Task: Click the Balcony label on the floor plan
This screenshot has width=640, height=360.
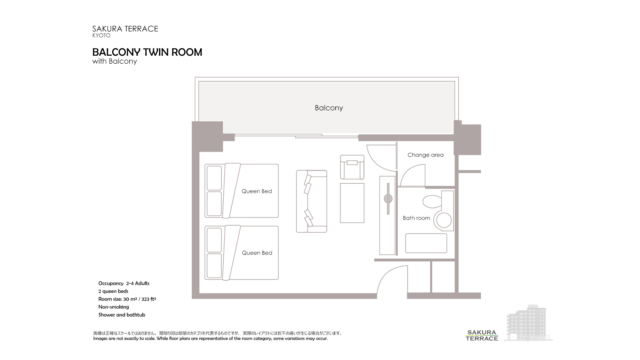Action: coord(329,108)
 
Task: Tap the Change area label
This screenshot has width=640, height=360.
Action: coord(425,155)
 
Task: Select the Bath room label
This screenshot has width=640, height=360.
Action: coord(416,218)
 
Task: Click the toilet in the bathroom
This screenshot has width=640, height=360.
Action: coord(432,202)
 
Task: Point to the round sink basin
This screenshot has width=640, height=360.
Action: coord(444,220)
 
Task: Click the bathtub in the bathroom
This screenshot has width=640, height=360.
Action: coord(426,243)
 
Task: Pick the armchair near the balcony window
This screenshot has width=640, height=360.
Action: coord(352,167)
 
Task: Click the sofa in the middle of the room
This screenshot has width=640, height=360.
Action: coord(311,201)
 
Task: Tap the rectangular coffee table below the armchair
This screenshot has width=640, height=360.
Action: coord(352,203)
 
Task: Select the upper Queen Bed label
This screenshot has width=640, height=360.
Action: coord(257,191)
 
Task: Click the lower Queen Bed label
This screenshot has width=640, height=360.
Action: coord(257,253)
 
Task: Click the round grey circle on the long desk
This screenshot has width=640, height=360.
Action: coord(388,199)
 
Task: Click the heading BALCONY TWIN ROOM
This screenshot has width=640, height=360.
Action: coord(147,52)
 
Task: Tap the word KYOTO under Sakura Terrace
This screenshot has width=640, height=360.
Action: coord(101,36)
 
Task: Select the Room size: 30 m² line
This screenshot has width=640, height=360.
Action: coord(127,299)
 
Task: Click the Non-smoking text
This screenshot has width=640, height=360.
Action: coord(114,307)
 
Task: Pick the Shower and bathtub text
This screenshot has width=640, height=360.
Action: coord(122,315)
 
